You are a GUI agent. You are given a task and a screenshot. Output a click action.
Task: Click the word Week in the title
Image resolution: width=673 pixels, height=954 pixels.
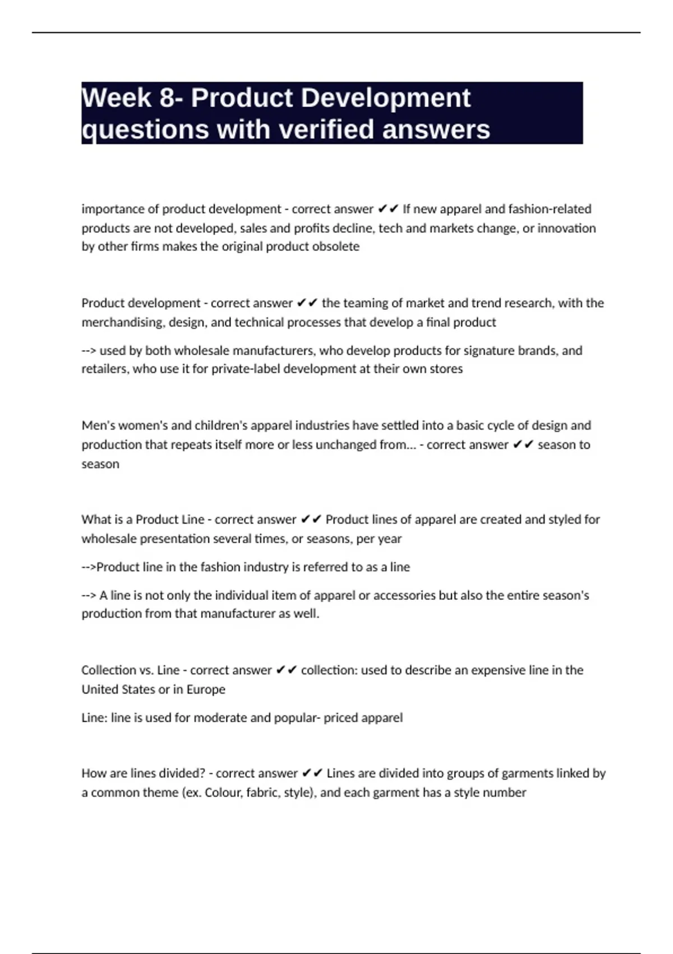(117, 98)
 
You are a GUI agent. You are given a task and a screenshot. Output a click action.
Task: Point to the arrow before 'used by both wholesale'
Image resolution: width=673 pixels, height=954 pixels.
(89, 350)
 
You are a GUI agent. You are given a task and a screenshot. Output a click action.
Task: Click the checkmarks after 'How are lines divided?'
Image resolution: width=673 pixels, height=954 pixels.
(312, 773)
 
